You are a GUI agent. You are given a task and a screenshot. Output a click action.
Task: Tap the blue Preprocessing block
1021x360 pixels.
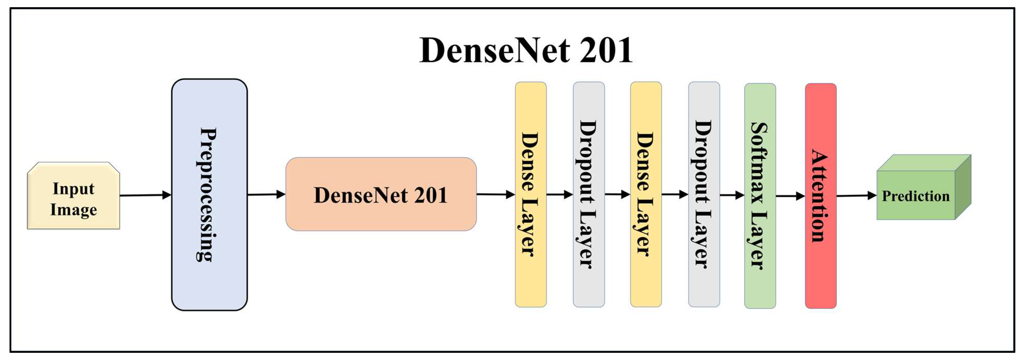click(209, 194)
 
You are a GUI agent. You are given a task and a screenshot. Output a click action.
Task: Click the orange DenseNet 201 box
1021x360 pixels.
click(380, 194)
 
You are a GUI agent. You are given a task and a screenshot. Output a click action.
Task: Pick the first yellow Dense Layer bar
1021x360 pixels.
click(530, 194)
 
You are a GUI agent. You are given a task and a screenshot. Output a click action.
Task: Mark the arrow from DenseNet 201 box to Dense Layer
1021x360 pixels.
click(495, 194)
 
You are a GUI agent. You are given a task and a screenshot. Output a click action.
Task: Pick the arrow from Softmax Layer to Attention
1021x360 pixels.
click(790, 196)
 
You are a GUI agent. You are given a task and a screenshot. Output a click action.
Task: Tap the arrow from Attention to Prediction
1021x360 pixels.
click(856, 196)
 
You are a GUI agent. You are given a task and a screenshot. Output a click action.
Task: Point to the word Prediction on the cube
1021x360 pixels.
click(916, 196)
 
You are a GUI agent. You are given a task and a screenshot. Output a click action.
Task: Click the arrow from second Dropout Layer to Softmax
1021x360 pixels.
click(732, 195)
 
